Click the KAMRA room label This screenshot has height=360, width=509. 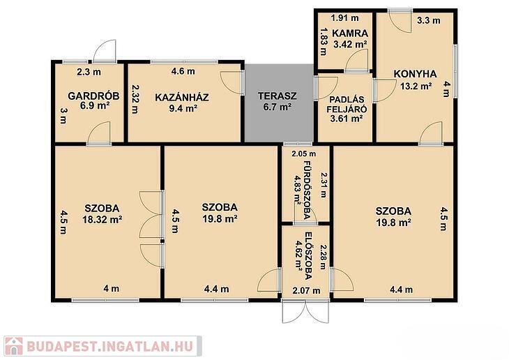coord(350,33)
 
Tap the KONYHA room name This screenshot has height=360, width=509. coord(415,74)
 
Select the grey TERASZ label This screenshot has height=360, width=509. coord(278,96)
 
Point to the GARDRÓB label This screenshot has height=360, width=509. coord(93,96)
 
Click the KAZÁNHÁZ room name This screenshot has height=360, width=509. coord(182,97)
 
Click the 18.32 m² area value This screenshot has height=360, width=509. coord(102,220)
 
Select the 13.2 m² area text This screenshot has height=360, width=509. coord(416,86)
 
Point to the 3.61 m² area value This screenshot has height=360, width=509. coord(347,119)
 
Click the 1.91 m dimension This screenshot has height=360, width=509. coord(344,18)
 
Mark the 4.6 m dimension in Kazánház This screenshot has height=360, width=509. coord(183,71)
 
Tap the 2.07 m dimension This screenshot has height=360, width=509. coord(306,290)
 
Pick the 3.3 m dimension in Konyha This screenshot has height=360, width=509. coord(429,20)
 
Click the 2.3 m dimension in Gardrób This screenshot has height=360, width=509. coord(89,72)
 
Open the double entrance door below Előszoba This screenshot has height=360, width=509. coord(305,311)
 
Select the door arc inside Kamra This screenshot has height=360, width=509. coord(357,59)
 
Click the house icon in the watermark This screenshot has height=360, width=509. coord(13,346)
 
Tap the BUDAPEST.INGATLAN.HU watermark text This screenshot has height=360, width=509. coord(109,347)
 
